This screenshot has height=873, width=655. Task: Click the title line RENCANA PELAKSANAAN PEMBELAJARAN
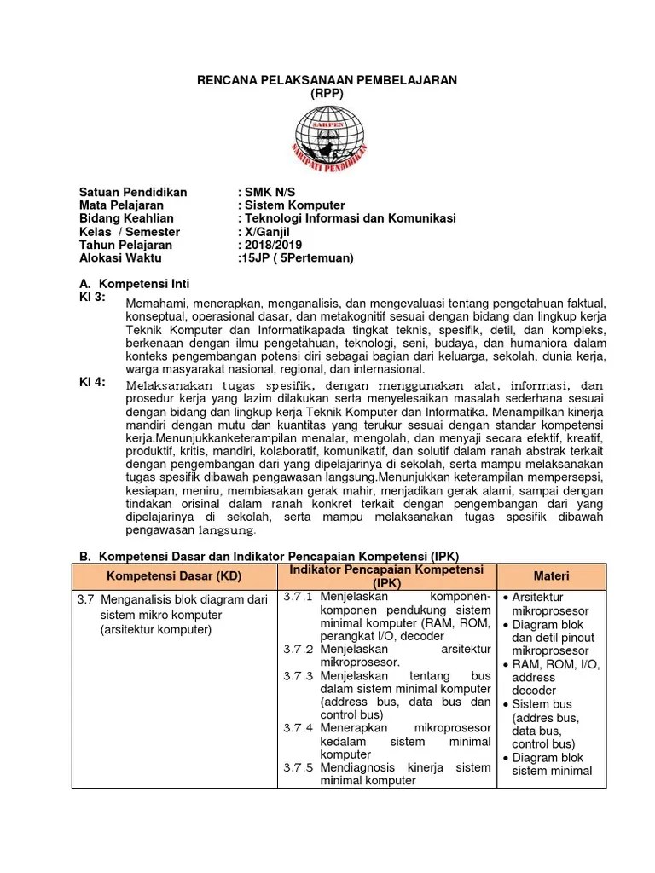[x=327, y=80]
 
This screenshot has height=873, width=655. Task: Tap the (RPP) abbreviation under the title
[x=327, y=93]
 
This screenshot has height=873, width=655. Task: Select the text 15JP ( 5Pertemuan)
[x=295, y=257]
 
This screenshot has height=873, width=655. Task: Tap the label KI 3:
[x=93, y=297]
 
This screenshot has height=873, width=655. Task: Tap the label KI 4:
[x=93, y=382]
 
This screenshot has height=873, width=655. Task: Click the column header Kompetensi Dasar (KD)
[x=174, y=576]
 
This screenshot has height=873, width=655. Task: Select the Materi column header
[x=552, y=576]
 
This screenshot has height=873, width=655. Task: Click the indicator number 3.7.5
[x=299, y=767]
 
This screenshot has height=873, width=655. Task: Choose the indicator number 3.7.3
[x=299, y=676]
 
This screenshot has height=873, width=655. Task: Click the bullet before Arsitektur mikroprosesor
[x=506, y=598]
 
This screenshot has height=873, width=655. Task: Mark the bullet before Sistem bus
[x=506, y=705]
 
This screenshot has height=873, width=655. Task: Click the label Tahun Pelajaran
[x=124, y=245]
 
